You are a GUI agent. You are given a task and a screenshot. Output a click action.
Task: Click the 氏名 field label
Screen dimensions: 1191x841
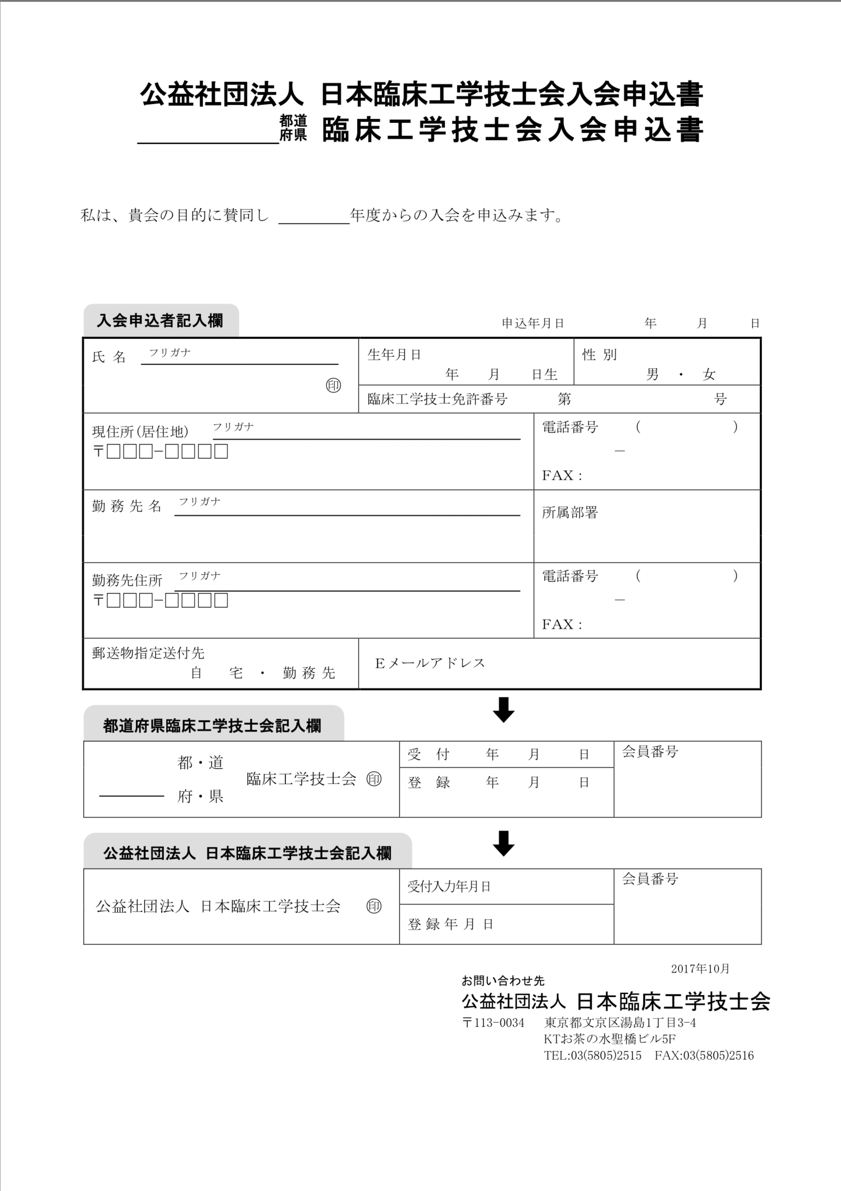(109, 357)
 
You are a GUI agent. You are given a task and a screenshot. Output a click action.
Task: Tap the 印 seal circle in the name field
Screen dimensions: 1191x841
(333, 385)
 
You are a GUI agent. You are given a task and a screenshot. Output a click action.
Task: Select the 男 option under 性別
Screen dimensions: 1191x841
(652, 375)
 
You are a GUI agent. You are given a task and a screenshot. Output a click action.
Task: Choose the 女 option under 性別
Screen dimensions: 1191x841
(709, 375)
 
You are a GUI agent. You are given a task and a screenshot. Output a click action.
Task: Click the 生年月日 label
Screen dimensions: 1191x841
(394, 355)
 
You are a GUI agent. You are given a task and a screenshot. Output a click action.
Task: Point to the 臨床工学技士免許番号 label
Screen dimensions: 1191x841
(437, 399)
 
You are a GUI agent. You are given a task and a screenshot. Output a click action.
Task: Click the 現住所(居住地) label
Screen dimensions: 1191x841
(140, 431)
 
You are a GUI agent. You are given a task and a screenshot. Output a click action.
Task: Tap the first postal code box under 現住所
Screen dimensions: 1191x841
(114, 452)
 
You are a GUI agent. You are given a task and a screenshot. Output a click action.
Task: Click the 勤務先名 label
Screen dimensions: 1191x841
(127, 506)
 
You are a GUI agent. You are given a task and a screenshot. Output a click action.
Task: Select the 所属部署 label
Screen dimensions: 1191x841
(570, 513)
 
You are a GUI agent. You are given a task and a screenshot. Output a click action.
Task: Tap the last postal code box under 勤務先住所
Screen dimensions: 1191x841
(221, 601)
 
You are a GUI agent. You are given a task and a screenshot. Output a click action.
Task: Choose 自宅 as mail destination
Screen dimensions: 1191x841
(217, 673)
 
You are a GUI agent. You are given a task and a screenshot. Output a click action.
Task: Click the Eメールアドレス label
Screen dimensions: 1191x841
(430, 663)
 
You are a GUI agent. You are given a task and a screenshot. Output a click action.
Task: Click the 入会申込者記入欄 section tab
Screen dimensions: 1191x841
(160, 321)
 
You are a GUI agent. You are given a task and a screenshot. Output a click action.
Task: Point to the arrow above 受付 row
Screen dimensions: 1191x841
(503, 710)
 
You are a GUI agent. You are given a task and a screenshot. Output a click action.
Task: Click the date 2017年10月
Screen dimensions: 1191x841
(700, 968)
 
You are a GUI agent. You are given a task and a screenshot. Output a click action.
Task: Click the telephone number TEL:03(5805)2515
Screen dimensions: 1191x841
(593, 1055)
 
